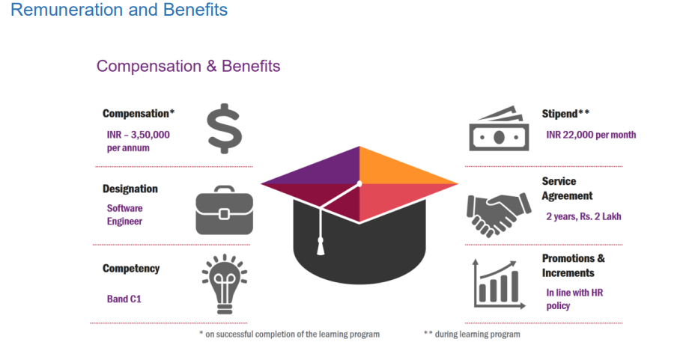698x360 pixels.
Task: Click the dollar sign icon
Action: click(x=225, y=129)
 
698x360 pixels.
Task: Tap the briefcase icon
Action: click(x=225, y=210)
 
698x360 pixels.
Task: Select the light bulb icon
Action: click(x=225, y=284)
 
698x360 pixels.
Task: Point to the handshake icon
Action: click(x=499, y=213)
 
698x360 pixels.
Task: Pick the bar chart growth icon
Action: click(x=499, y=284)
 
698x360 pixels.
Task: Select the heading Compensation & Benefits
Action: click(x=188, y=67)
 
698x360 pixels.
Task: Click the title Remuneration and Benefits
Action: click(x=119, y=9)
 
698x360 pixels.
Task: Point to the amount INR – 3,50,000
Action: click(x=138, y=135)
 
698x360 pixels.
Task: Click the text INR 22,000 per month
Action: click(x=591, y=135)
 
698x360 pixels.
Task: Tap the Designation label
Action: click(x=130, y=189)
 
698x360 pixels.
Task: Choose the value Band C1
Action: click(x=124, y=299)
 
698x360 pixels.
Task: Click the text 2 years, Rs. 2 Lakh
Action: click(x=583, y=217)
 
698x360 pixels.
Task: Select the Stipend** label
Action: click(x=565, y=114)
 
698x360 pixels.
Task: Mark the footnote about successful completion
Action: click(x=289, y=335)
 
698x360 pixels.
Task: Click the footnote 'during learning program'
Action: click(x=472, y=335)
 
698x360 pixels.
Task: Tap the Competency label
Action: click(x=131, y=269)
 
